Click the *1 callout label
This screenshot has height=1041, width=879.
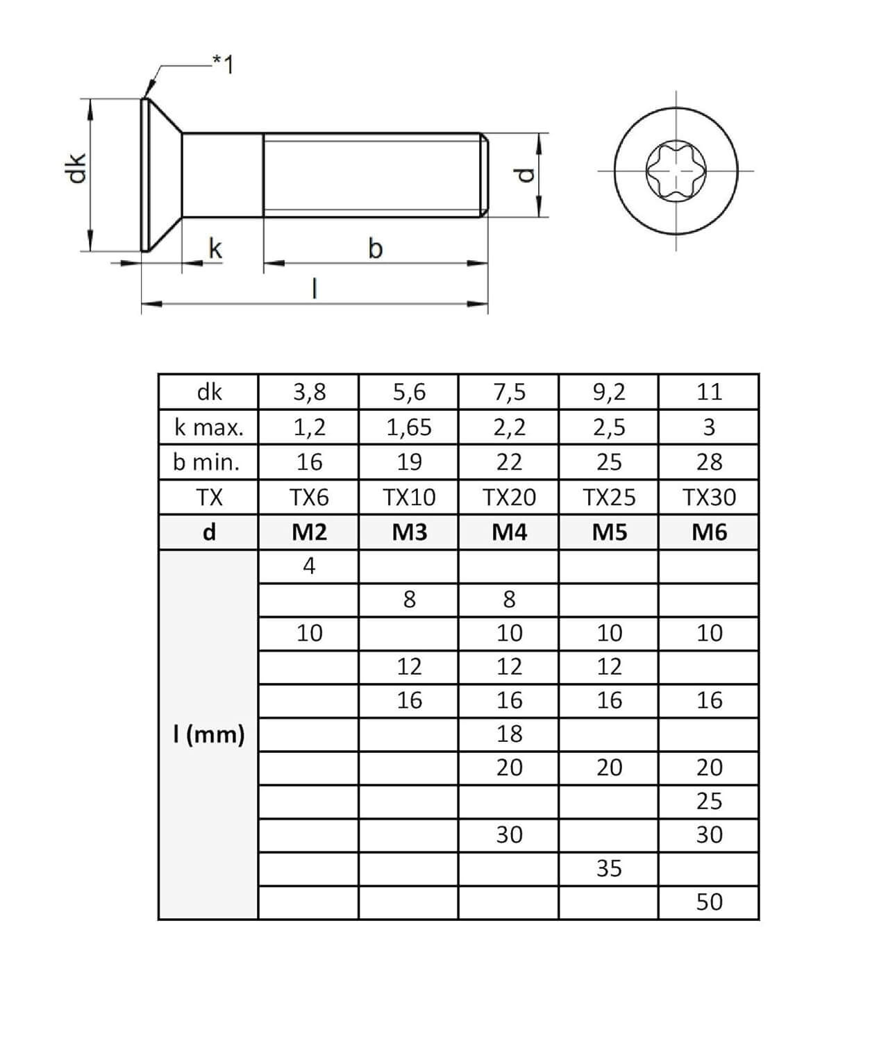(224, 65)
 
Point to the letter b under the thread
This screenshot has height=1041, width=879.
(375, 248)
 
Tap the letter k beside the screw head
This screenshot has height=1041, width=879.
(215, 248)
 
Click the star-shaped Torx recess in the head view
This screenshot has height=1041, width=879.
(676, 171)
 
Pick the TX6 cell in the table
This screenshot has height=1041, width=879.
(309, 497)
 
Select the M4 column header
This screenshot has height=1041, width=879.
(509, 532)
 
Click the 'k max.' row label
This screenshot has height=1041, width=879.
(209, 428)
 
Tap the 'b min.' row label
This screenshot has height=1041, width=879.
(206, 462)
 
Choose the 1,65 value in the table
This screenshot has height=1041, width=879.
(409, 428)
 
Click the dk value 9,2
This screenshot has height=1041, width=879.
(609, 392)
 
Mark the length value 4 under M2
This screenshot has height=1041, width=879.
(309, 566)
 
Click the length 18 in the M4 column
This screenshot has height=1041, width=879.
(509, 734)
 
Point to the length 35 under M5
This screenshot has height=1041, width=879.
(609, 868)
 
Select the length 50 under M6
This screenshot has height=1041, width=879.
(709, 902)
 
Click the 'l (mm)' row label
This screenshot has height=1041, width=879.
(209, 734)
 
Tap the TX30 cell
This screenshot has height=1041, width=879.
(709, 497)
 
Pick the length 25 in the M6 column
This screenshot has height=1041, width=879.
(709, 801)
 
